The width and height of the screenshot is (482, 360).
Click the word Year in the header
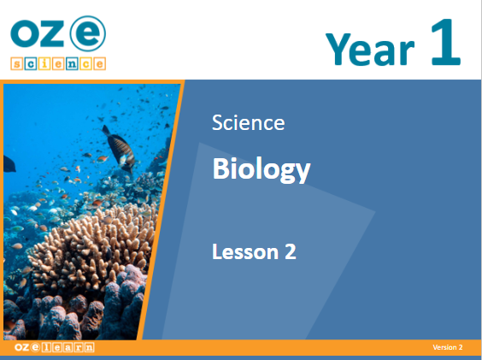coord(370,50)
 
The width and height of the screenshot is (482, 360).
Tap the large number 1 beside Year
coord(445,42)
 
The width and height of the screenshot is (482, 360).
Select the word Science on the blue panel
coord(249,122)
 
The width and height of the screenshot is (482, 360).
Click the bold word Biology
coord(262,170)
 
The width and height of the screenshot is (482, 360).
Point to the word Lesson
coord(245,251)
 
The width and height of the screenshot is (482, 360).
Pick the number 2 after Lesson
coord(291,251)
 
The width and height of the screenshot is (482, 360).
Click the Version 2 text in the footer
coord(448,347)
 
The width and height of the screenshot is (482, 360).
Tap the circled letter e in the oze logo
coord(88,34)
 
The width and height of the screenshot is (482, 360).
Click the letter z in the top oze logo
coord(54,34)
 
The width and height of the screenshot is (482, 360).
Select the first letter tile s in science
coord(16,63)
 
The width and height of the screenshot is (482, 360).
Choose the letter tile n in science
coord(72,63)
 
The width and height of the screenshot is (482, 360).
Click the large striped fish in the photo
coord(120,149)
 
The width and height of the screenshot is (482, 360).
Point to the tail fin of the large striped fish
coord(106,131)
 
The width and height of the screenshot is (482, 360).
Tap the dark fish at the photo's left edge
coord(9,163)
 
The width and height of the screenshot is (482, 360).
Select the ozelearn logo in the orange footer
coord(55,347)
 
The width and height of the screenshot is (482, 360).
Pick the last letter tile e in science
coord(100,63)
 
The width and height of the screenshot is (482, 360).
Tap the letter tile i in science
coord(44,63)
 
